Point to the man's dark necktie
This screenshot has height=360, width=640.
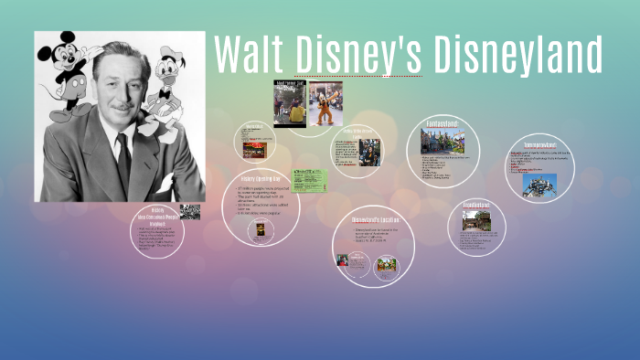pos(123,164)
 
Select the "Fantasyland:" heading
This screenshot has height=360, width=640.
pos(443,123)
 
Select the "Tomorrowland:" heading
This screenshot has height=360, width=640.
pos(542,145)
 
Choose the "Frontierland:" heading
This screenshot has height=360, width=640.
pos(476,206)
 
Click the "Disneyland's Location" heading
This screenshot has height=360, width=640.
pos(372,220)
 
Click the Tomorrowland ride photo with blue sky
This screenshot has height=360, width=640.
pos(539,185)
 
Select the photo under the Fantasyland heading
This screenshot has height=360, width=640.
pos(443,141)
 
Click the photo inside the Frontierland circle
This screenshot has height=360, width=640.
pos(477,220)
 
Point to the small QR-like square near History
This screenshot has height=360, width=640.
pos(189,211)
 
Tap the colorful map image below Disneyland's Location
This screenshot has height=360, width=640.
pos(386,264)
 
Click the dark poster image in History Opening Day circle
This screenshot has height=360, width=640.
pos(261,228)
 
